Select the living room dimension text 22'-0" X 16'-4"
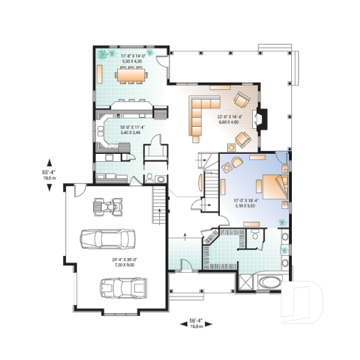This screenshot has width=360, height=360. pyautogui.click(x=230, y=119)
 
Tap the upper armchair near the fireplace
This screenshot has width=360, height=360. pyautogui.click(x=241, y=100)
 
